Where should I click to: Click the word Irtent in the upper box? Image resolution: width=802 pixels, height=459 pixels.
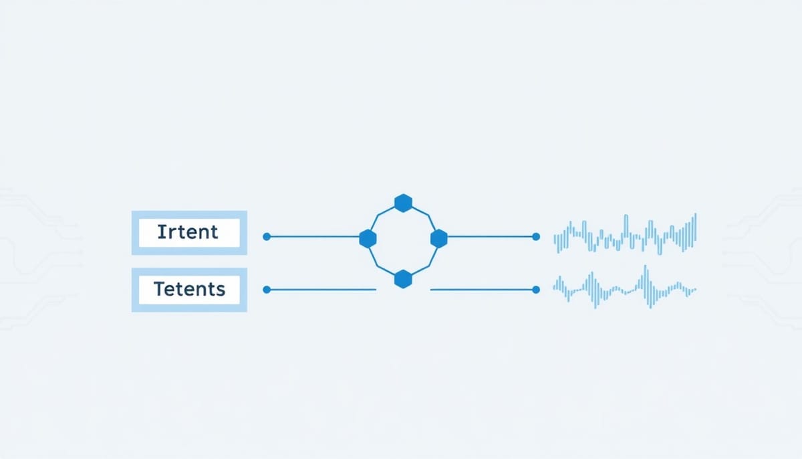tap(188, 232)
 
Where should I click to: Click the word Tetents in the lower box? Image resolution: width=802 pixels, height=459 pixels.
tap(189, 289)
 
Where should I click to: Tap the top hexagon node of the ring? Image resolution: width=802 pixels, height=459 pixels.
tap(403, 203)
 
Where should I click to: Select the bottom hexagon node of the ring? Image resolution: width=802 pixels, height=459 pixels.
tap(403, 279)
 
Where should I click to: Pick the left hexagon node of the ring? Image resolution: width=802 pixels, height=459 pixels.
tap(368, 239)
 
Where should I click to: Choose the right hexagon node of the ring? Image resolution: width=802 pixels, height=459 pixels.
tap(438, 239)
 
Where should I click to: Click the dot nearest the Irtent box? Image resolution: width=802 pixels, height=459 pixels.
tap(267, 236)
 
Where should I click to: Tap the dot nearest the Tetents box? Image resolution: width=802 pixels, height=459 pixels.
tap(267, 290)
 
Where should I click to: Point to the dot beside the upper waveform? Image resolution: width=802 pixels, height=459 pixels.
tap(536, 236)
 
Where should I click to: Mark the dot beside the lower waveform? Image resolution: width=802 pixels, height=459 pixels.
tap(536, 290)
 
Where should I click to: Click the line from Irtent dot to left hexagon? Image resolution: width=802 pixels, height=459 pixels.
tap(315, 236)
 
